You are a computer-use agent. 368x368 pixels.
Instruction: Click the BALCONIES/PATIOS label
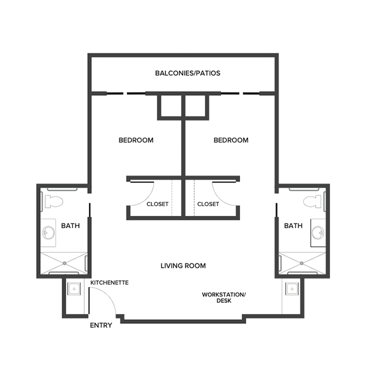(187, 73)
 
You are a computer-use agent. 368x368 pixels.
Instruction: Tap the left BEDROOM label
(136, 140)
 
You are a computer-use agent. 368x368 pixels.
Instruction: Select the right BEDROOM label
(230, 140)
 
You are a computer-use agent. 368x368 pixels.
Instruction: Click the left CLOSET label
(157, 204)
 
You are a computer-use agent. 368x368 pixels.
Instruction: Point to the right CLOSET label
(208, 204)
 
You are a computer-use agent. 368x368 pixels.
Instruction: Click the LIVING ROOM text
(183, 266)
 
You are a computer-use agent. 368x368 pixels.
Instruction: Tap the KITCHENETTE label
(110, 282)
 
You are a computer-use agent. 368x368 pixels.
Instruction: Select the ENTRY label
(101, 326)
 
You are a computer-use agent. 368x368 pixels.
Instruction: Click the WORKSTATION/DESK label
(224, 298)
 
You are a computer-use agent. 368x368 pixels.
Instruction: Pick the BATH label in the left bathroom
(70, 226)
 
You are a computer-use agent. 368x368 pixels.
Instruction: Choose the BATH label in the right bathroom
(293, 226)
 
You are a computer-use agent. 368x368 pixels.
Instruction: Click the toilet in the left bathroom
(54, 200)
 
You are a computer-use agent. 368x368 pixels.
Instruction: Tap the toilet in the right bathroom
(312, 200)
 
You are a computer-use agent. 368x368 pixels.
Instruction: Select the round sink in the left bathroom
(49, 233)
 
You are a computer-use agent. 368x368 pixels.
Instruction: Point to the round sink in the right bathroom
(316, 233)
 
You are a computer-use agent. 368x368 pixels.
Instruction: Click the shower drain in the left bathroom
(63, 263)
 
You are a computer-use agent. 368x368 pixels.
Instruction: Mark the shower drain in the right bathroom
(302, 263)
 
